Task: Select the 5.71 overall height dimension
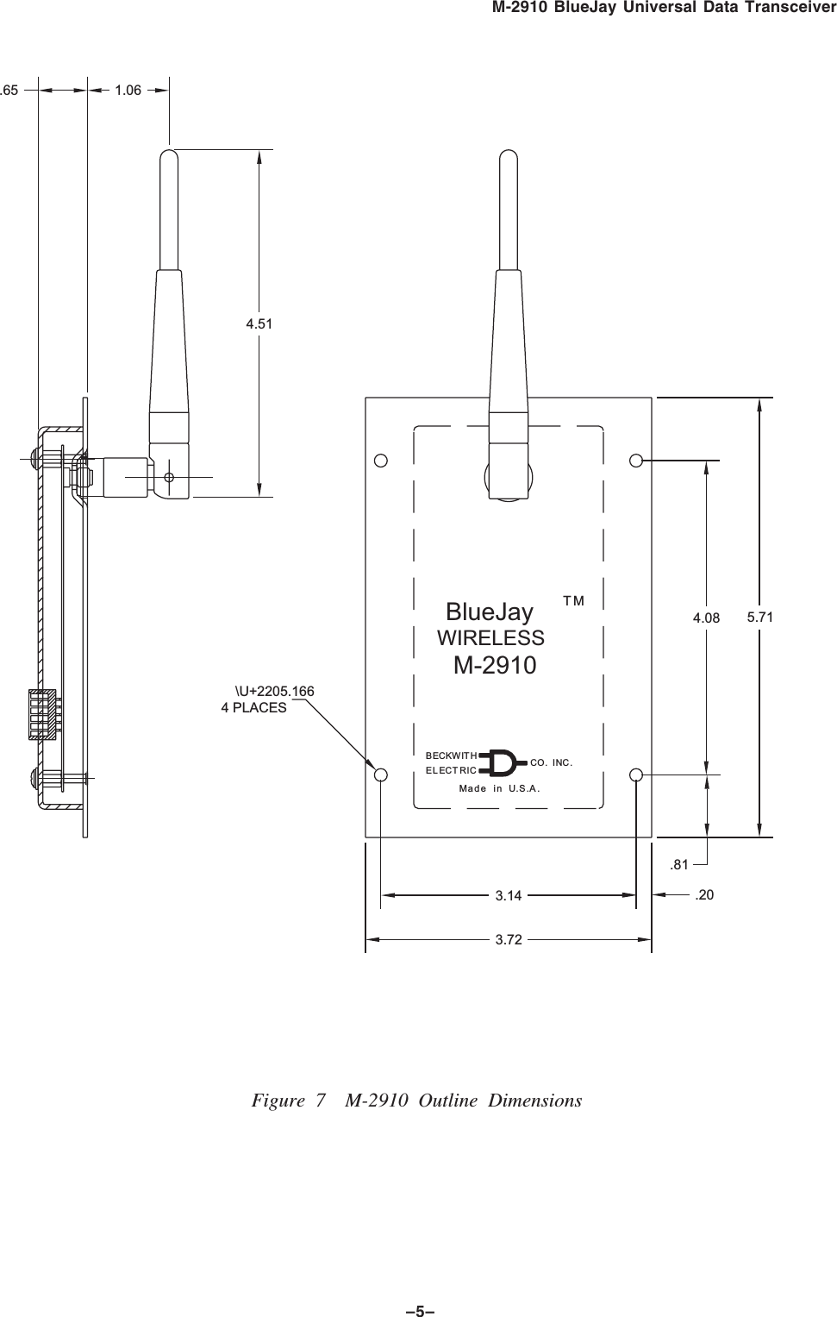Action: pos(759,617)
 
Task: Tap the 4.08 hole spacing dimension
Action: pos(706,618)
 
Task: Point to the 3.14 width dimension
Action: pos(509,895)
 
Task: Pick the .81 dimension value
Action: pos(679,864)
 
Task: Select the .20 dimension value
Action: pos(704,895)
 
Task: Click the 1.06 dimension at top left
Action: pos(128,89)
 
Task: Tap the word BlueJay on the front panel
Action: pos(489,612)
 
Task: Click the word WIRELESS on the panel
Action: pos(490,638)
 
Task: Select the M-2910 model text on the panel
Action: pos(495,666)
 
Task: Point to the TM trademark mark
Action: pos(573,599)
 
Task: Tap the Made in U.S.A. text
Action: pos(499,788)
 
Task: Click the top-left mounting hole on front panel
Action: pos(380,460)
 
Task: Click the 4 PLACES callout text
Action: pos(254,708)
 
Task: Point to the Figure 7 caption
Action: pos(416,1101)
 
